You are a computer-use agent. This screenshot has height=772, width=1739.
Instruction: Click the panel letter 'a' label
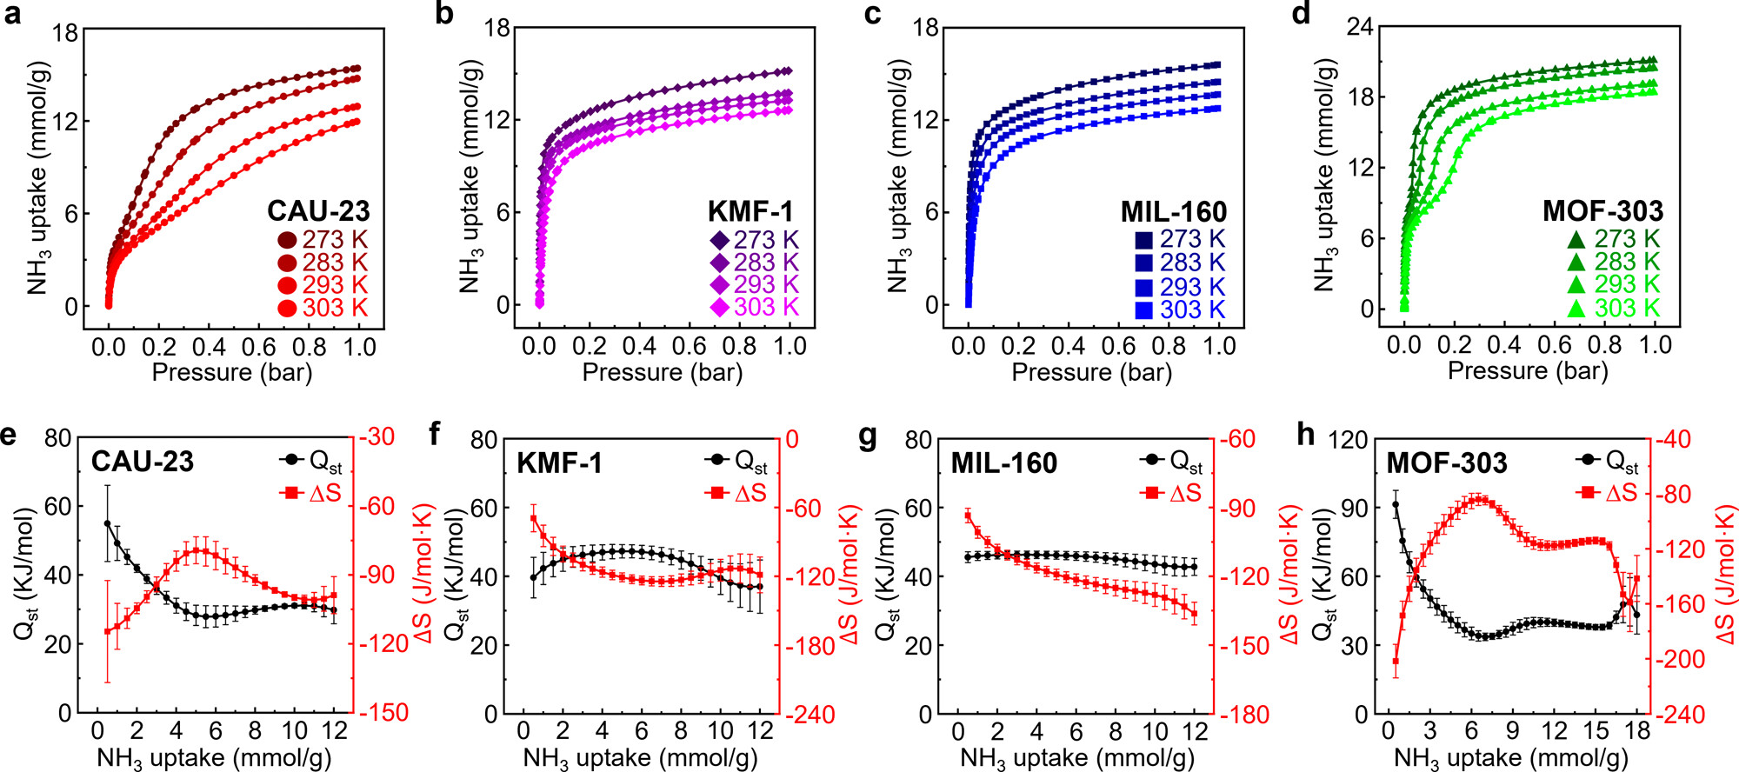(x=12, y=14)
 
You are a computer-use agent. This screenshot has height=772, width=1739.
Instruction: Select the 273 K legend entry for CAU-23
(x=323, y=240)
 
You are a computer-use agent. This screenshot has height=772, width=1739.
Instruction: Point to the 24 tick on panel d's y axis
(x=1360, y=27)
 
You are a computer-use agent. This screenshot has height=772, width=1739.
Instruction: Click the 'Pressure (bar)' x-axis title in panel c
(x=1091, y=373)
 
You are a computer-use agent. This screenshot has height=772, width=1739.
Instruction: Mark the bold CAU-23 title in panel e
(x=143, y=462)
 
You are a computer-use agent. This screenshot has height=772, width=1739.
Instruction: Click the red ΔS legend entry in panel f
(x=737, y=494)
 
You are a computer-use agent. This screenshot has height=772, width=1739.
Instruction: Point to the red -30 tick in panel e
(x=377, y=436)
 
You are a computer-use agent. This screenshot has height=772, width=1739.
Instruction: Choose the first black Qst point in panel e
(x=108, y=523)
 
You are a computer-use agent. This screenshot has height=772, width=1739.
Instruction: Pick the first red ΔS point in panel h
(x=1396, y=662)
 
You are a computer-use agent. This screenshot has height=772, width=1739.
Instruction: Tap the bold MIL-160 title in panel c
(x=1173, y=212)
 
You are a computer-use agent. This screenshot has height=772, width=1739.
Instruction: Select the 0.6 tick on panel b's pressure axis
(x=689, y=346)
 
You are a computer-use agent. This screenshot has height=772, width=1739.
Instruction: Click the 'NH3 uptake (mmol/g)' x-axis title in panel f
(x=640, y=758)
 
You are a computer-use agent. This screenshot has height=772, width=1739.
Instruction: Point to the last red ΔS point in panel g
(x=1194, y=614)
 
